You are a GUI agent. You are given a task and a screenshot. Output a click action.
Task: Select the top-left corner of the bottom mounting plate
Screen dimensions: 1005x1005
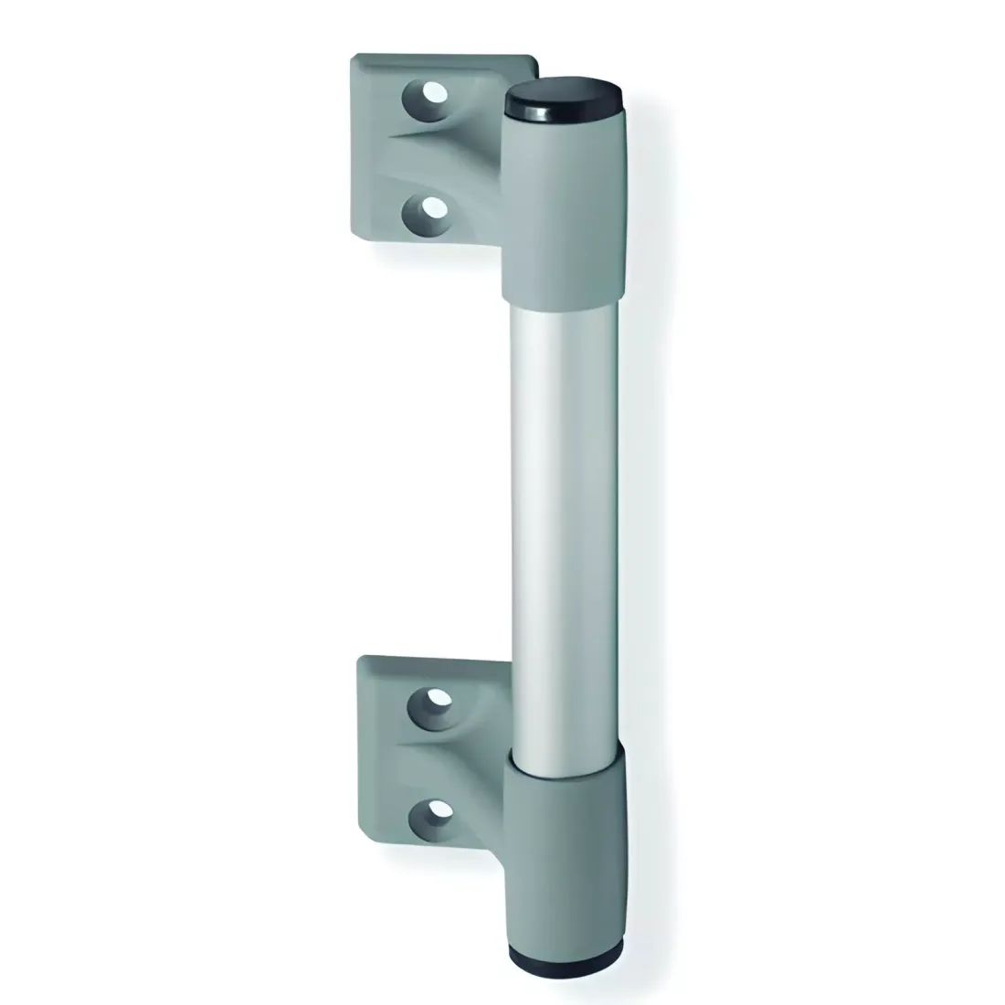coord(364,658)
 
